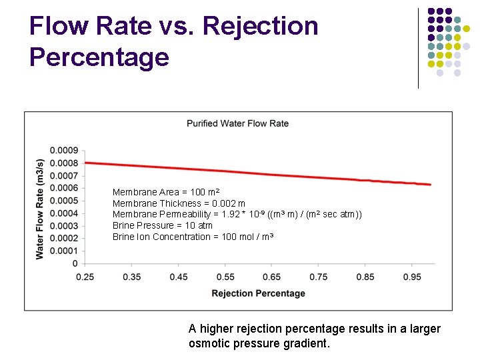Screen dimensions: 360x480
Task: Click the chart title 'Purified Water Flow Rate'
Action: (237, 123)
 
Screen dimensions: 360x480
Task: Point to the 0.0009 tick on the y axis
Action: (64, 150)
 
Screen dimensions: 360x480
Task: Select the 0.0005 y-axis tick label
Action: (64, 201)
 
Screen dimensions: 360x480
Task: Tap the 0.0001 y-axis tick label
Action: (64, 251)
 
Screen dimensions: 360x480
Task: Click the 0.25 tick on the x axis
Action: (85, 277)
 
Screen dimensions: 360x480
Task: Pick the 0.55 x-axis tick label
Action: (225, 277)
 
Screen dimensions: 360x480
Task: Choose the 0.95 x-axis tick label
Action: (411, 277)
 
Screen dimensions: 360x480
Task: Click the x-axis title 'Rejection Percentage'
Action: (258, 293)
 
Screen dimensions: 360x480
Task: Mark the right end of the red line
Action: (431, 184)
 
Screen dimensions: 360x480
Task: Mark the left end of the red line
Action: (85, 162)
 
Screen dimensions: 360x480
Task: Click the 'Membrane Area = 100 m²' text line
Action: (166, 192)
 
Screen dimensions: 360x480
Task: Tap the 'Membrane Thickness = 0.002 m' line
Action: (179, 203)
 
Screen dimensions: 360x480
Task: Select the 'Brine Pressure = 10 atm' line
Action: (163, 225)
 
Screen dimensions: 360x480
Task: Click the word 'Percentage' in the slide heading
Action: (99, 57)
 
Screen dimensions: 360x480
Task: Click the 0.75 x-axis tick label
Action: (318, 277)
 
